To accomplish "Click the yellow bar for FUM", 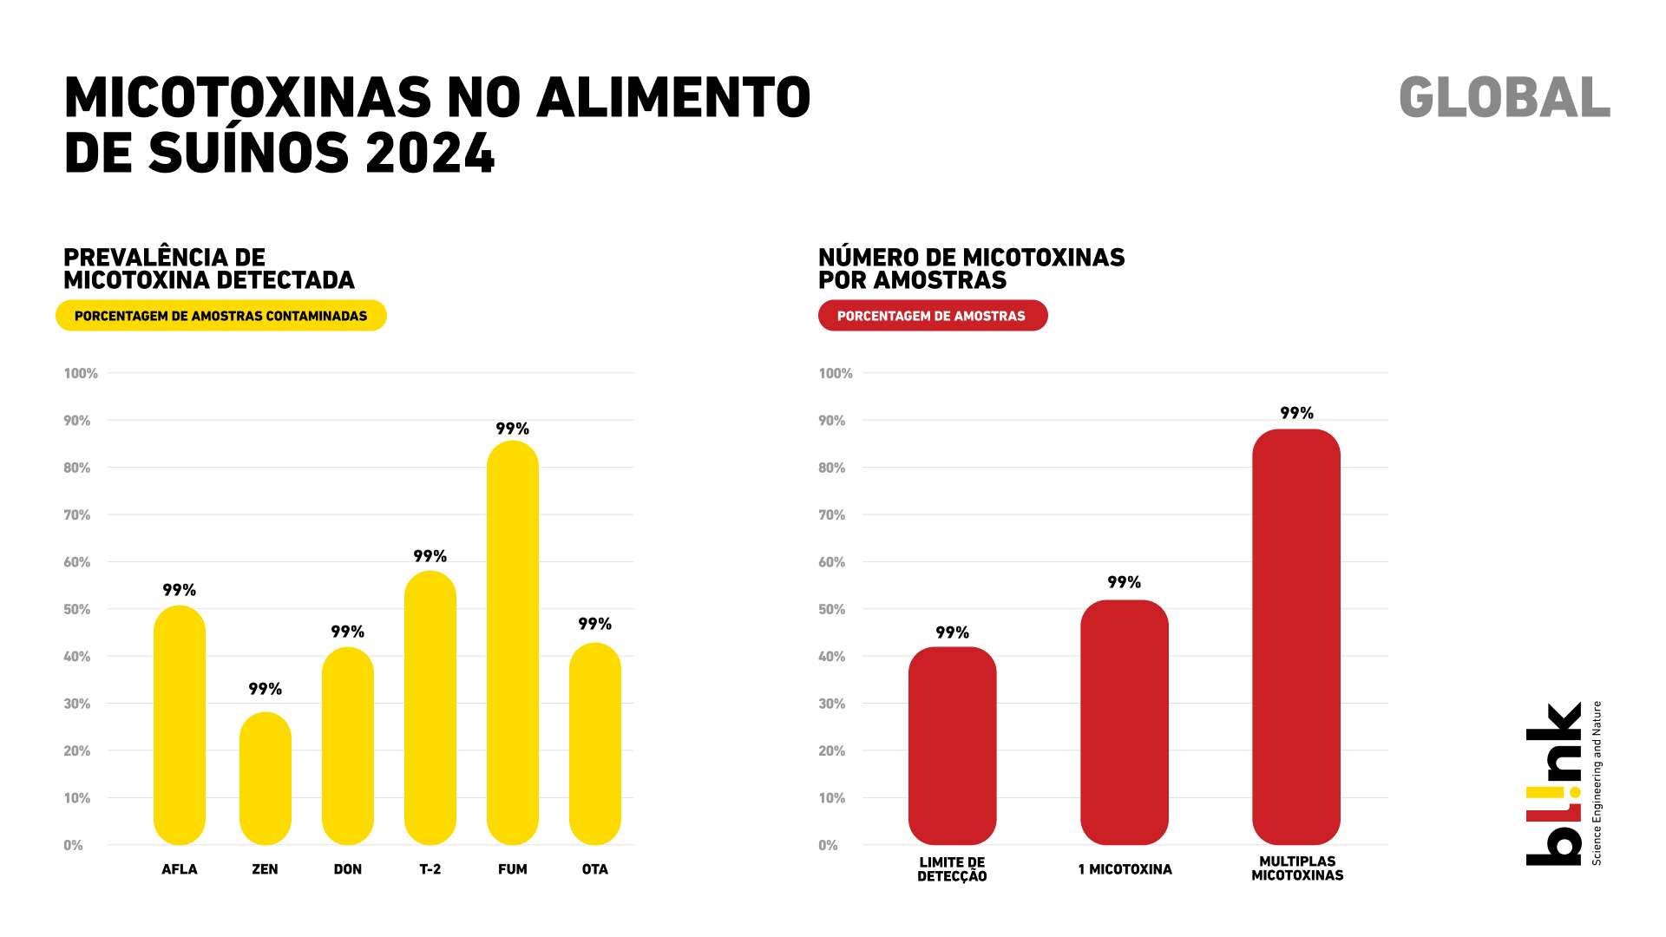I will click(x=512, y=642).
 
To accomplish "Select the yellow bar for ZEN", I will click(x=265, y=778).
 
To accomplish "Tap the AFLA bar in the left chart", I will click(x=180, y=724).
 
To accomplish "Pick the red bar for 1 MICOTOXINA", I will click(x=1124, y=722).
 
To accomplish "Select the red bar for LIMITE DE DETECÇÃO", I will click(x=952, y=745).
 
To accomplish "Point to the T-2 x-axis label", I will click(x=430, y=869).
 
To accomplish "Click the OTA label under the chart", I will click(x=595, y=869).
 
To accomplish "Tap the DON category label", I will click(x=348, y=869).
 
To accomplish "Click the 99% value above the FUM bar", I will click(x=512, y=429).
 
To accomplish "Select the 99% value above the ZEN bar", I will click(x=265, y=689).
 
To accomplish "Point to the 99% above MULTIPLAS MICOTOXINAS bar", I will click(x=1296, y=413).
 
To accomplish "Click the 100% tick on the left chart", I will click(x=81, y=373).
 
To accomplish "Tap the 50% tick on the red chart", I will click(x=831, y=609).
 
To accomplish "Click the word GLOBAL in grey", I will click(x=1505, y=97).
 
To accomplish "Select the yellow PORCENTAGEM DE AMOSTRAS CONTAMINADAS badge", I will click(x=220, y=316).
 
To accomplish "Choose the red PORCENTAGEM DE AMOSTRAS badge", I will click(x=932, y=316).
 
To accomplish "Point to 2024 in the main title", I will click(x=430, y=154).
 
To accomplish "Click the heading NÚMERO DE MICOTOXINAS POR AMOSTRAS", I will click(x=971, y=268).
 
